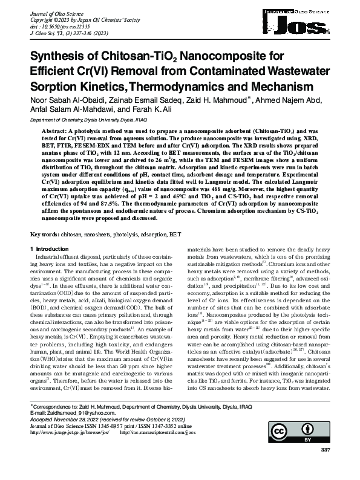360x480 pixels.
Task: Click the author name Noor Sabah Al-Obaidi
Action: click(64, 99)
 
